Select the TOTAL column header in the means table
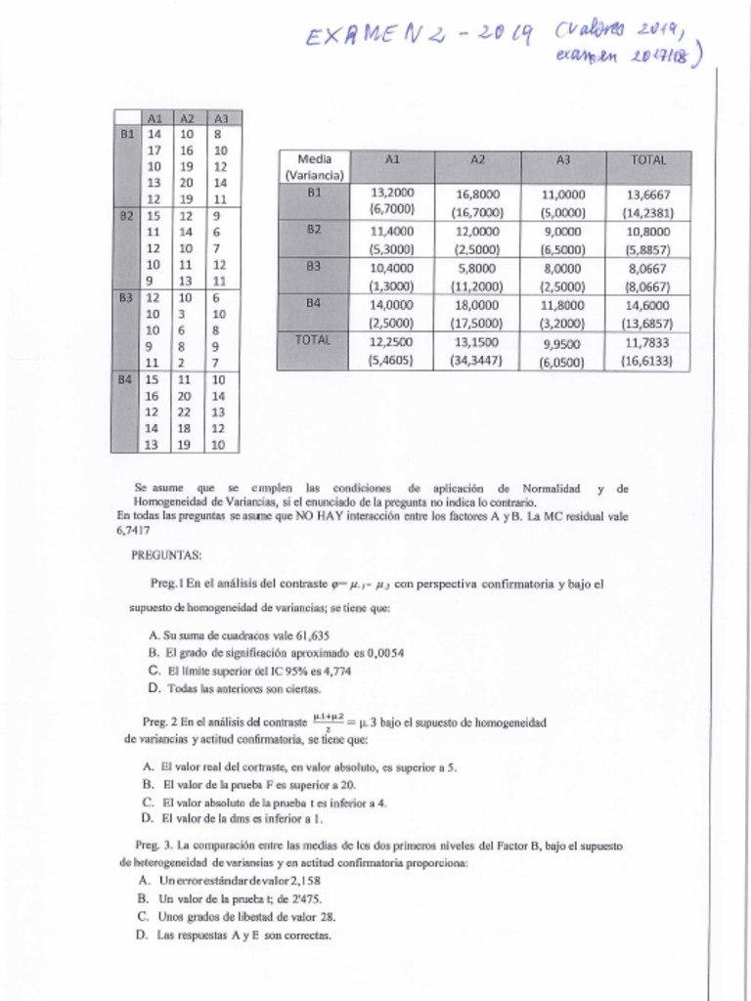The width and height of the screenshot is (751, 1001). pos(648,159)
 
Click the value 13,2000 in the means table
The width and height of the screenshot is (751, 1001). pos(393,194)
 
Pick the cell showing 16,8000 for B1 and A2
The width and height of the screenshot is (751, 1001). pos(478,194)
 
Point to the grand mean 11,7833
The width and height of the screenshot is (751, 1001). pos(647,342)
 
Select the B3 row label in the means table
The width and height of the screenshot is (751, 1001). pos(314,266)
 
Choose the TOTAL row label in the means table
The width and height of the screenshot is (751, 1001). pos(314,340)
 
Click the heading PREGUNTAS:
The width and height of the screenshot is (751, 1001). pos(166,555)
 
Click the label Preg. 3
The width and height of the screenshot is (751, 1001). pos(155,845)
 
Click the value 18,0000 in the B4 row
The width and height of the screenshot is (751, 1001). pos(478,305)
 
